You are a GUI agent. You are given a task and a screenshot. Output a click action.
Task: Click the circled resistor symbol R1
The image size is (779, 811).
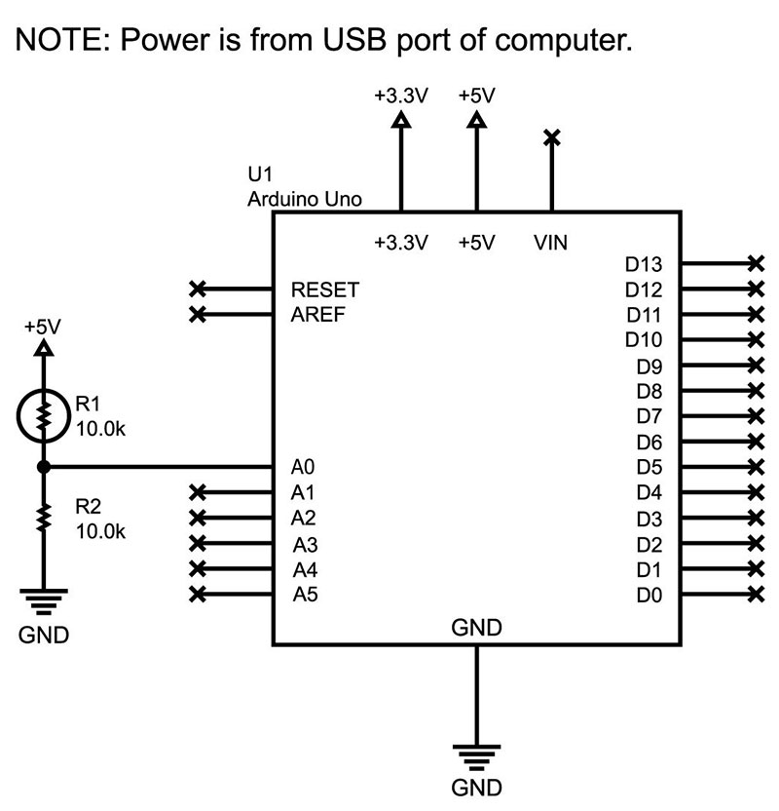[x=43, y=416]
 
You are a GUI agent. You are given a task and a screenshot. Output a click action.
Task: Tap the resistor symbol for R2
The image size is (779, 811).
[x=43, y=517]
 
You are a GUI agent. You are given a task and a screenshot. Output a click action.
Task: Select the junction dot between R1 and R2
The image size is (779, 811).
[x=43, y=467]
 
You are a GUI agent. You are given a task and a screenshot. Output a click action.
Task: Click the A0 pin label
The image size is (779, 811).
[x=304, y=467]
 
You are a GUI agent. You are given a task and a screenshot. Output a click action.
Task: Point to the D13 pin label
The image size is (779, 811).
[x=643, y=264]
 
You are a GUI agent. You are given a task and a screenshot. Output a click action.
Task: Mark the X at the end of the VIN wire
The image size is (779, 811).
[x=552, y=137]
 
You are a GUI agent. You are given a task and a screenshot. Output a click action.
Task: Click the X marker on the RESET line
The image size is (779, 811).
[x=198, y=290]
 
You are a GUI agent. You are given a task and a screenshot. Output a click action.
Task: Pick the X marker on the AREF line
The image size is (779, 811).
[x=198, y=314]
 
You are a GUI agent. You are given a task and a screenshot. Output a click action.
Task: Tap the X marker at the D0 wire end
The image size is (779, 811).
[x=755, y=594]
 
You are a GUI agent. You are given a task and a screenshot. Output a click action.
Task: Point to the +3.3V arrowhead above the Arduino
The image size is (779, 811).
[x=400, y=120]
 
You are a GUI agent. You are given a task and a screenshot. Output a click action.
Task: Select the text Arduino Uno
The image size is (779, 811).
[x=305, y=199]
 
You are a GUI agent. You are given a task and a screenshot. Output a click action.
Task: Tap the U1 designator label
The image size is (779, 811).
[x=259, y=175]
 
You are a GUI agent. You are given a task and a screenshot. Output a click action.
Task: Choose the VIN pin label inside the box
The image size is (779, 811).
[x=551, y=242]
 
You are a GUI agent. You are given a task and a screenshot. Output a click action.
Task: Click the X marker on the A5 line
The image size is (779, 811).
[x=198, y=594]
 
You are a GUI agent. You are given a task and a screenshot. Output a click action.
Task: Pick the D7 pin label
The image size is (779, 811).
[x=649, y=416]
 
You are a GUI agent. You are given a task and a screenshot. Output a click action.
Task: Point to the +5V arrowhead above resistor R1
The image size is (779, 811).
[x=43, y=347]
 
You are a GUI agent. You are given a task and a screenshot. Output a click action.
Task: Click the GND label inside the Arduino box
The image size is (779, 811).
[x=476, y=628]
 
